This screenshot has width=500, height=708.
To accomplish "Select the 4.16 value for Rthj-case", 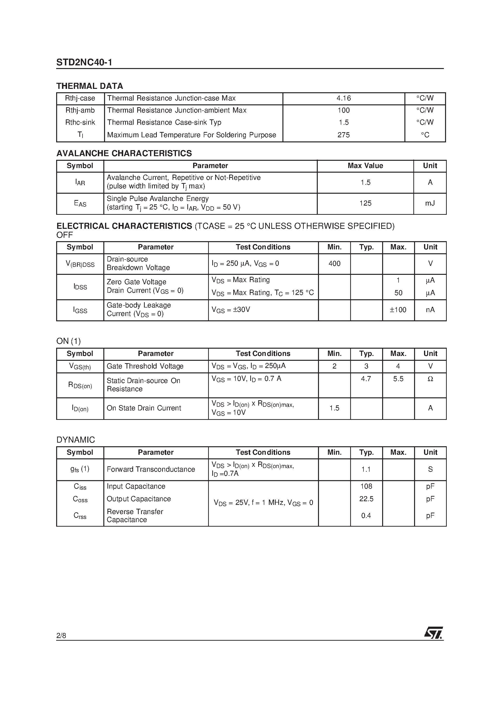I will [343, 98].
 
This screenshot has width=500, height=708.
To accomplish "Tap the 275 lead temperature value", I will [343, 135].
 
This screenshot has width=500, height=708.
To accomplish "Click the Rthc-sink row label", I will [80, 123].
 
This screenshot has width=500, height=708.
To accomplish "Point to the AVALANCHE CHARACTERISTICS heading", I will [124, 153].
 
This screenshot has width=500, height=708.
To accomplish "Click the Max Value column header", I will [365, 166].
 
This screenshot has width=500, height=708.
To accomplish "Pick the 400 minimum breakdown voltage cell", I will [334, 264].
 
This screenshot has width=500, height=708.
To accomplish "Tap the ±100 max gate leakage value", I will [398, 310].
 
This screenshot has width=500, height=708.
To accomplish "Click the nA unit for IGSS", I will [430, 310].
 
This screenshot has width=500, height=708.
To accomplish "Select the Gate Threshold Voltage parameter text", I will [145, 366].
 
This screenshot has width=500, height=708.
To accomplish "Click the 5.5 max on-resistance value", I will [398, 379].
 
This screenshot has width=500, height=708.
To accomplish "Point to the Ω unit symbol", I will [430, 379].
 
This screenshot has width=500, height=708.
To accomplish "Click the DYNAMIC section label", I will [76, 440].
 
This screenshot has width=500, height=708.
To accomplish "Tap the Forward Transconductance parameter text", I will [151, 469].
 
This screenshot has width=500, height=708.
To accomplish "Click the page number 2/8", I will [61, 636].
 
